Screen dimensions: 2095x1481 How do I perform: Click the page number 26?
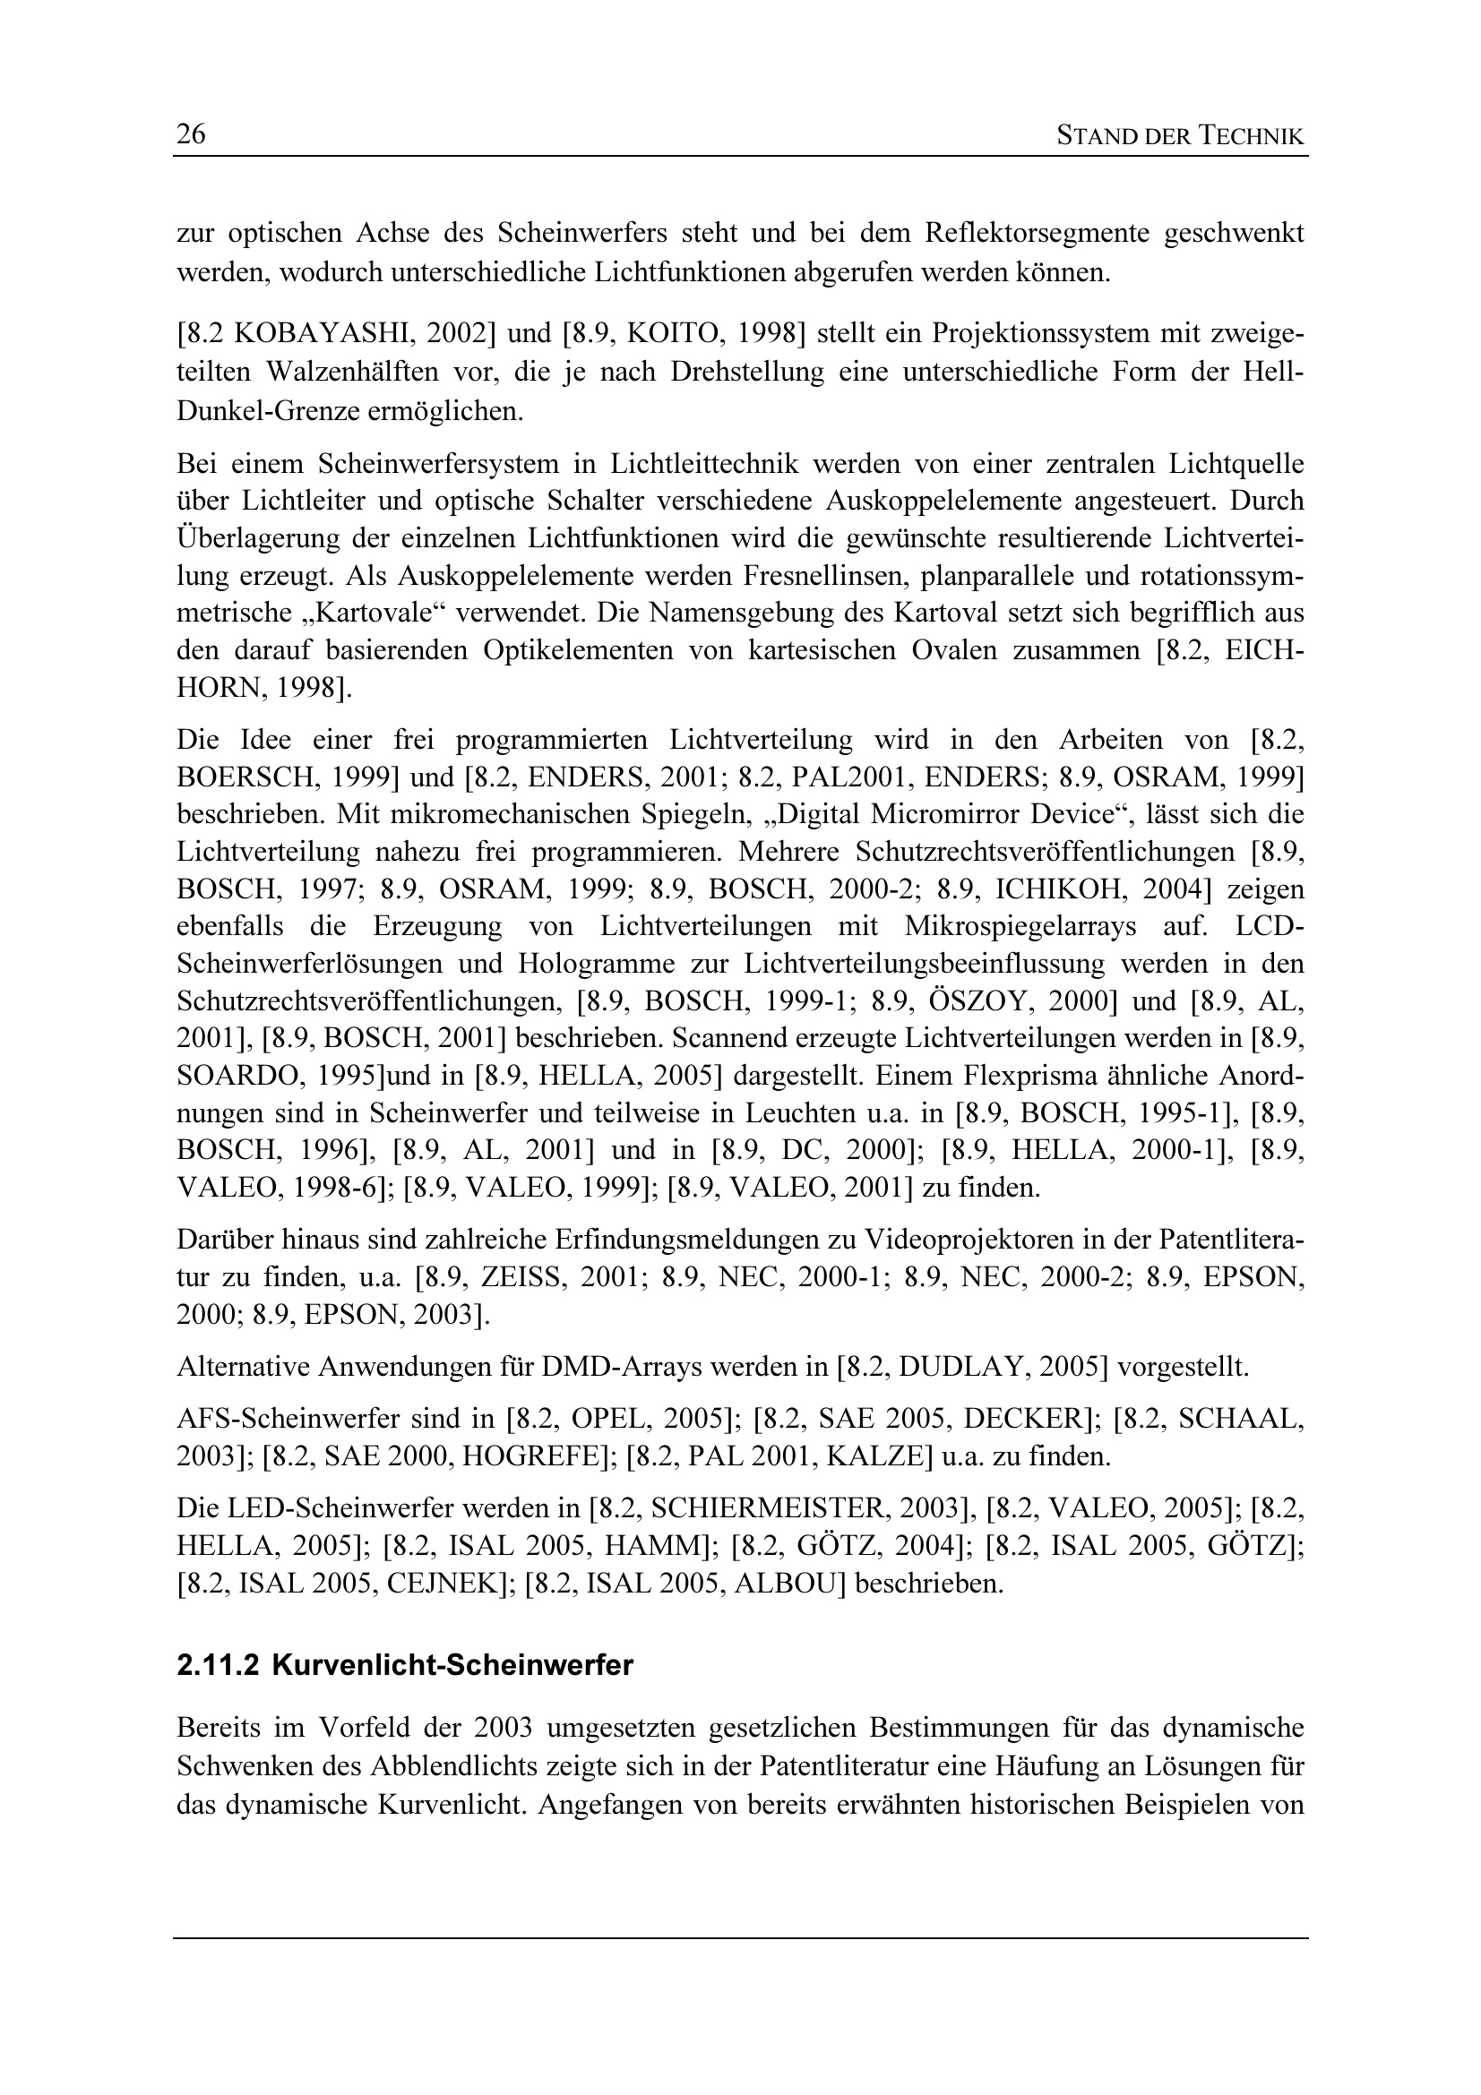click(x=191, y=135)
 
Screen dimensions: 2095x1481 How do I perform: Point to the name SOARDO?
click(x=232, y=1076)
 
